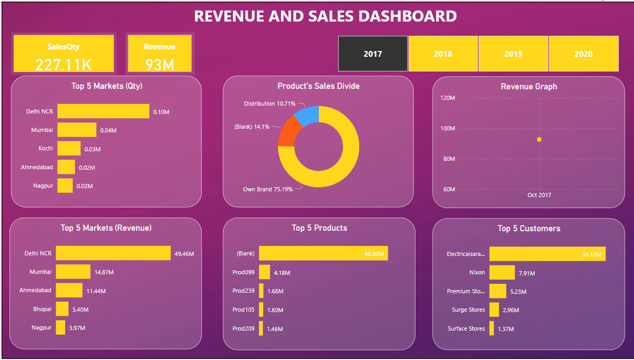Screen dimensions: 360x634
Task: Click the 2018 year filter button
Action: (x=443, y=54)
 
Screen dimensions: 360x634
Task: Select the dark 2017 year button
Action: (x=373, y=54)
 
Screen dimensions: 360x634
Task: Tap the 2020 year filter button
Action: (x=583, y=54)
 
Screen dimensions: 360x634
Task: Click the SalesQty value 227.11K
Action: (x=64, y=65)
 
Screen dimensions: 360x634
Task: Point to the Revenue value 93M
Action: (x=160, y=65)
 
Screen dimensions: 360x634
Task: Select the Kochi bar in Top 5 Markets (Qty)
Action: (x=69, y=149)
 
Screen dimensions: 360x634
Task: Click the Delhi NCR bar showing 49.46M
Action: (x=113, y=253)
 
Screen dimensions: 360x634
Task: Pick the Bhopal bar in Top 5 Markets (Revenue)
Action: (x=62, y=308)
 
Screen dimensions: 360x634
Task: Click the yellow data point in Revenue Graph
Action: (x=539, y=139)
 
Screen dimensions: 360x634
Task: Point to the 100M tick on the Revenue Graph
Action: (x=448, y=128)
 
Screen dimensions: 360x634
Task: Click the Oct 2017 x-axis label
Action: (x=539, y=195)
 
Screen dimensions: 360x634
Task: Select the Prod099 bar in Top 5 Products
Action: (x=264, y=272)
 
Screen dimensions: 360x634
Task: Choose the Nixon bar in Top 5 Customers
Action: (x=502, y=272)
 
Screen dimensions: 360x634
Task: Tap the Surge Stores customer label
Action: (x=468, y=310)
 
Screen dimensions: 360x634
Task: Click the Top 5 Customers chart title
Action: (x=528, y=228)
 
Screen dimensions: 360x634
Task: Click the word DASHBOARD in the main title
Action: (x=407, y=16)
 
